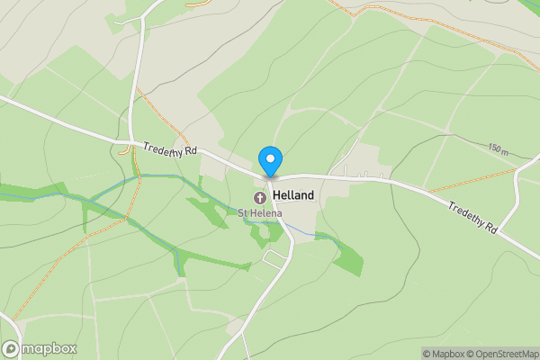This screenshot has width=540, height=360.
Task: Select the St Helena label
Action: pyautogui.click(x=260, y=213)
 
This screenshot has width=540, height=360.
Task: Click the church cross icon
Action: pyautogui.click(x=260, y=196)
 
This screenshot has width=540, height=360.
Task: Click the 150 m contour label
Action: pyautogui.click(x=499, y=148)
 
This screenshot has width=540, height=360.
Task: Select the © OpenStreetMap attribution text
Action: pyautogui.click(x=507, y=354)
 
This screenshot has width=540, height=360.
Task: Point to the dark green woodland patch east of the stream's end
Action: pyautogui.click(x=349, y=257)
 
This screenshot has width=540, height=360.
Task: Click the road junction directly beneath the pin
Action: pyautogui.click(x=270, y=176)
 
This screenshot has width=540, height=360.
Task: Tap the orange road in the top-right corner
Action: pyautogui.click(x=432, y=22)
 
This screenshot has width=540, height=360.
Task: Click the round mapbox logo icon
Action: pyautogui.click(x=12, y=349)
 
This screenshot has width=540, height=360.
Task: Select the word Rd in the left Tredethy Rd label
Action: pyautogui.click(x=190, y=152)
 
